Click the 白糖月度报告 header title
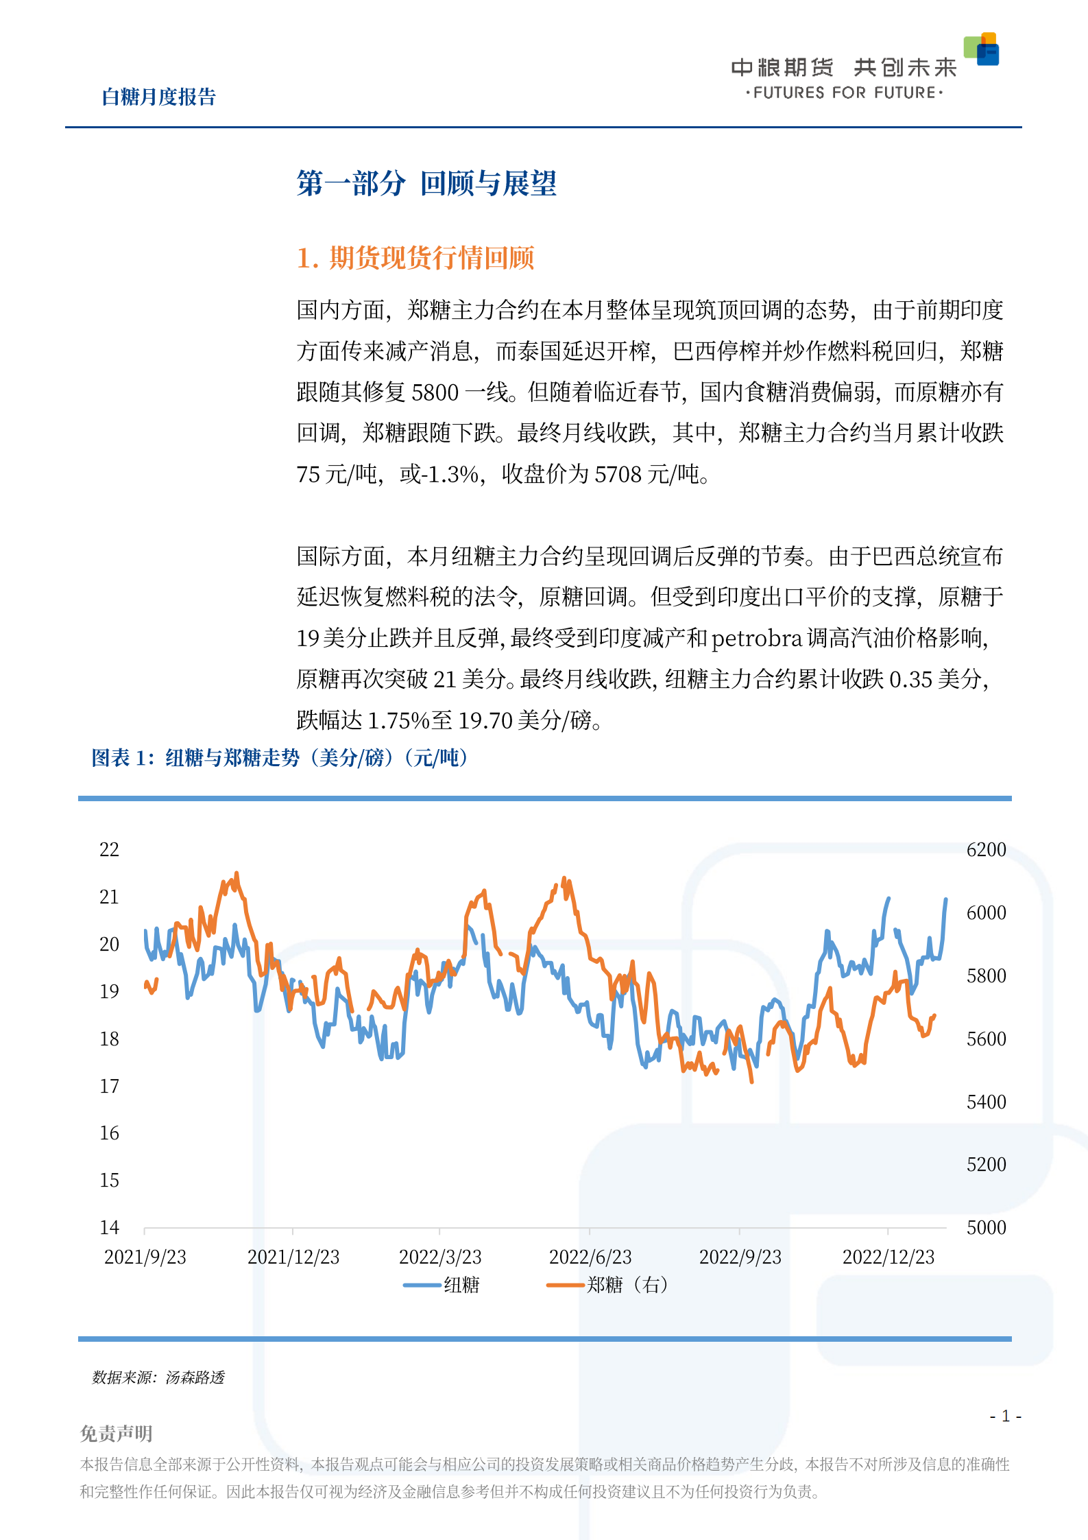(x=158, y=97)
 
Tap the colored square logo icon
(x=981, y=49)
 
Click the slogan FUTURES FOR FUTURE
(x=844, y=93)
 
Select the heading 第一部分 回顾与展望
(x=426, y=183)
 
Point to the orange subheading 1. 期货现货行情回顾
(x=415, y=258)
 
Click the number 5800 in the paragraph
(x=435, y=392)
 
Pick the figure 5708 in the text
(x=618, y=474)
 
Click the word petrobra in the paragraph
(x=756, y=639)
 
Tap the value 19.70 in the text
(x=485, y=720)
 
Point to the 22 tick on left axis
(x=110, y=849)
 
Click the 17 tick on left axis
(x=110, y=1086)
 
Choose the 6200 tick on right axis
(x=986, y=849)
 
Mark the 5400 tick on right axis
(x=986, y=1102)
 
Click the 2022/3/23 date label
(x=440, y=1257)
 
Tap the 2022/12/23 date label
(x=888, y=1257)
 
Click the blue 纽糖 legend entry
(x=442, y=1285)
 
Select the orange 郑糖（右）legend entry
(x=607, y=1285)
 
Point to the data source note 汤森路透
(x=195, y=1377)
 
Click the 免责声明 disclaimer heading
(x=117, y=1433)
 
